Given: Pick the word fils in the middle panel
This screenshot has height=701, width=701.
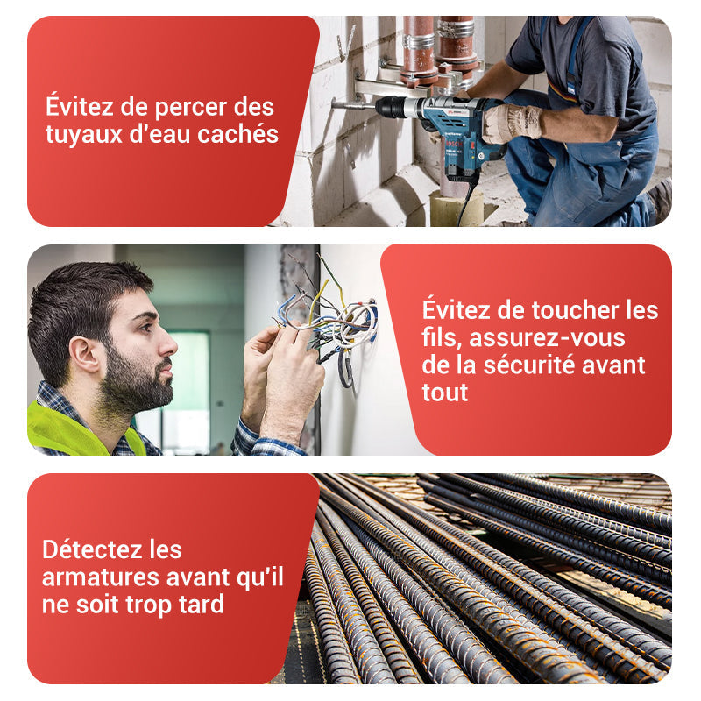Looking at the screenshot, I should click(440, 337).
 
